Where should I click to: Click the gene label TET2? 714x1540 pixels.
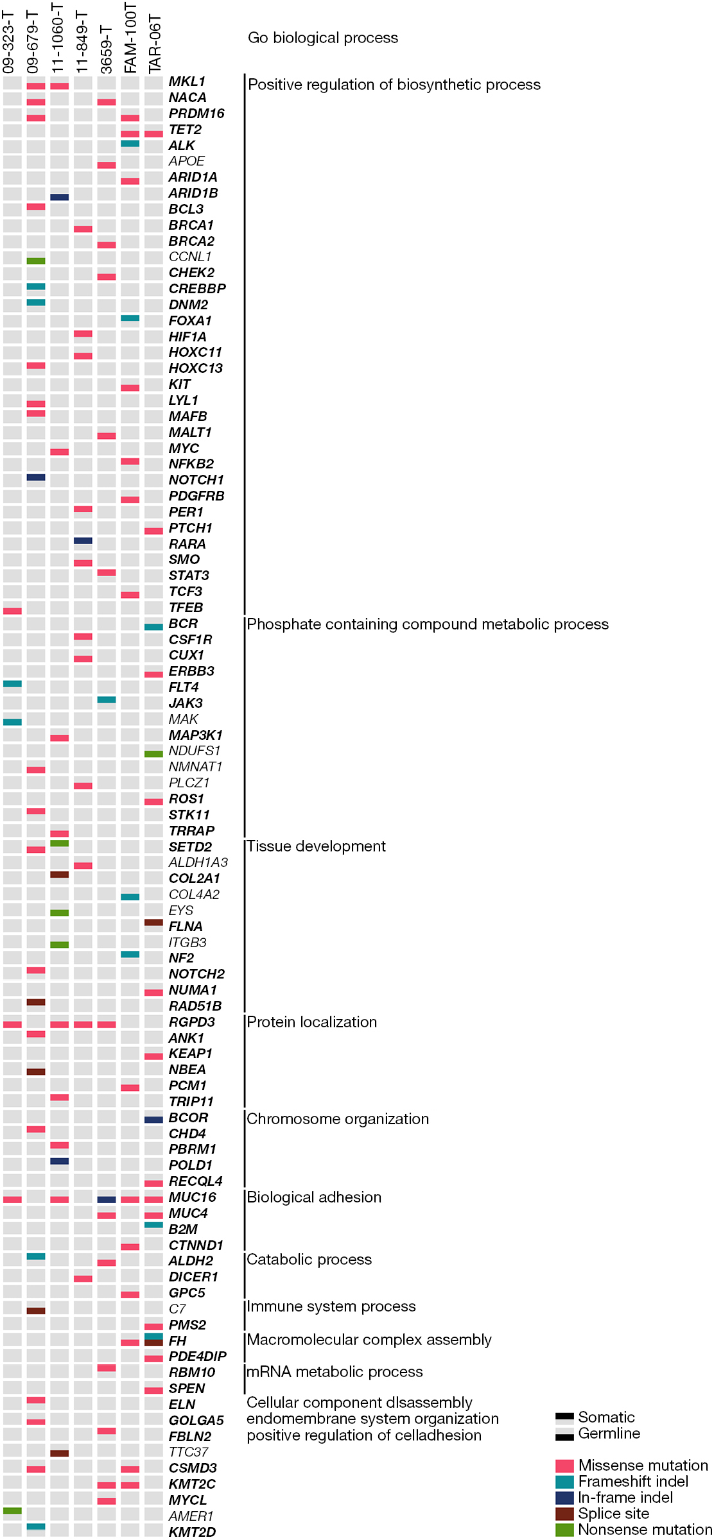(185, 130)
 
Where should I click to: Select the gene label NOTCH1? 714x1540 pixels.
(196, 480)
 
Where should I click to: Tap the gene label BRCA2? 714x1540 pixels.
(191, 241)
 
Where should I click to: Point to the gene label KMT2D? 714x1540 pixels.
(192, 1532)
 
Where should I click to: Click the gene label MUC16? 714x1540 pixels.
(192, 1197)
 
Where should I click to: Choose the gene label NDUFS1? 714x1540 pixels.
(195, 751)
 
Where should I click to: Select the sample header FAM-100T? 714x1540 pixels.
(130, 38)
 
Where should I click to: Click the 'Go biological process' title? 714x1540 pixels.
(323, 38)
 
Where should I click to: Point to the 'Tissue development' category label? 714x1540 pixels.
(317, 846)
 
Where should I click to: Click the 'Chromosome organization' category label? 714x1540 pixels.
(338, 1119)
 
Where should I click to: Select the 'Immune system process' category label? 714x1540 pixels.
(331, 1306)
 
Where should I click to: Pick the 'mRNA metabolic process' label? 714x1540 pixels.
(335, 1372)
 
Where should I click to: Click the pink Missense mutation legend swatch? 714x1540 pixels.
(564, 1466)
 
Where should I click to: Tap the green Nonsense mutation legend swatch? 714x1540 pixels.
(564, 1530)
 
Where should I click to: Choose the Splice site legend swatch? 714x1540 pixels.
(564, 1514)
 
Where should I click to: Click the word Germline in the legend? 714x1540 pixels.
(609, 1433)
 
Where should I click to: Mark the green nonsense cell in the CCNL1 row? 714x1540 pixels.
(36, 261)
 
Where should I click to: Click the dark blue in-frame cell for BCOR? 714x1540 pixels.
(153, 1120)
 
